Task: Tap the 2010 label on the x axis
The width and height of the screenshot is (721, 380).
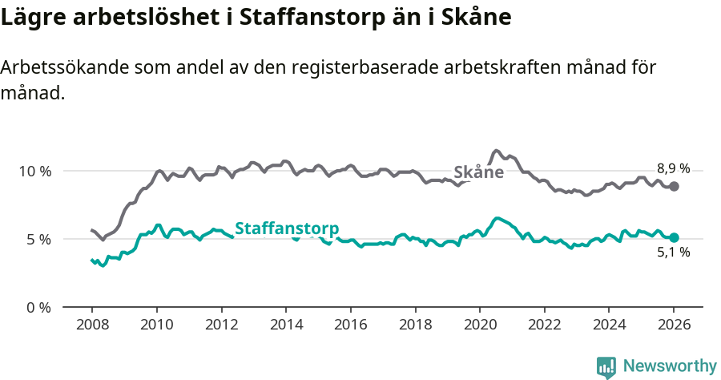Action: pos(156,325)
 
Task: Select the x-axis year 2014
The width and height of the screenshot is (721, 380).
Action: pos(285,325)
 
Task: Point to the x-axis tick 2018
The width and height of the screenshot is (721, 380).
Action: pos(415,325)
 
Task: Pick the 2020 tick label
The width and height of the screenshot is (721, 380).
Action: pos(480,325)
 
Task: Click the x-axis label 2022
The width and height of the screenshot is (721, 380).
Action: pos(545,325)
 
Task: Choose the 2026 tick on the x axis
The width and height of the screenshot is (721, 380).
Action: pos(674,325)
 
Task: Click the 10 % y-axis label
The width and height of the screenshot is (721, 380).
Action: pos(35,172)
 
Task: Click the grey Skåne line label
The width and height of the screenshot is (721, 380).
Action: pos(478,172)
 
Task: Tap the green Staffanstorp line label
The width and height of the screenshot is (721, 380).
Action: pos(286,228)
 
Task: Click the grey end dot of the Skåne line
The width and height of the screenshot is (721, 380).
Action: pos(675,186)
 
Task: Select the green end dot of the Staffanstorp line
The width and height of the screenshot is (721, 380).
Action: pos(675,237)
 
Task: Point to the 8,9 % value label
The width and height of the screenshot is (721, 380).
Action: pos(673,168)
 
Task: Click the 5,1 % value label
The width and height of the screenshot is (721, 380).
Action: pos(673,253)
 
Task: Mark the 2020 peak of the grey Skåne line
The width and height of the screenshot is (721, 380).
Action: pos(497,151)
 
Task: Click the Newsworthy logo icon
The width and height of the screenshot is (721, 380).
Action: pos(606,366)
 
